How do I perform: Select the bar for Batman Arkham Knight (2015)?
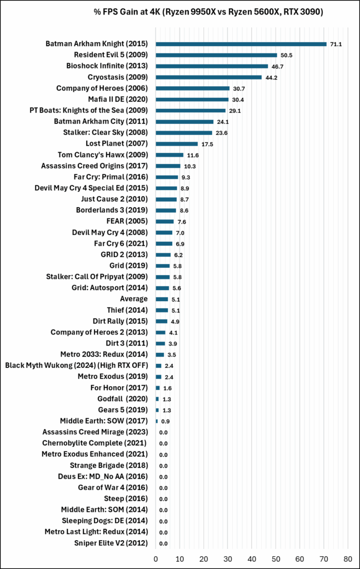point(241,44)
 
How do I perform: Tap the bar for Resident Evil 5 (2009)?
point(217,55)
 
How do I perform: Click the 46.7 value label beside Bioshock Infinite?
point(277,66)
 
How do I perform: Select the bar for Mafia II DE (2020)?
point(192,99)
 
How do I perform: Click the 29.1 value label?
point(235,111)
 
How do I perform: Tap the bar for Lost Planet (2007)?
point(177,144)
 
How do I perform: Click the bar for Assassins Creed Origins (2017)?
point(168,166)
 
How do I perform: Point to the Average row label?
point(134,299)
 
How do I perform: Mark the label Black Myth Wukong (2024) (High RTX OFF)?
point(76,366)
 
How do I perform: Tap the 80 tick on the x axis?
point(348,557)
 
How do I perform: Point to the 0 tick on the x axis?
point(156,557)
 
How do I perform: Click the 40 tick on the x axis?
point(252,557)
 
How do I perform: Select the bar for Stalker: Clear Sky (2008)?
point(184,133)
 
